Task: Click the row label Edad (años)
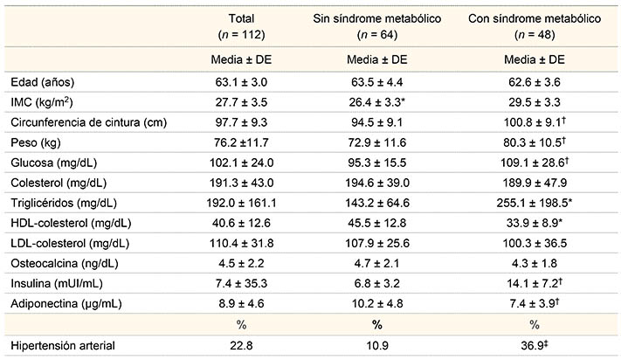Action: (x=41, y=82)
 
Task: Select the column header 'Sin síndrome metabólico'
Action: (x=377, y=18)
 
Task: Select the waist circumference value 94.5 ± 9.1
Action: (x=377, y=121)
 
